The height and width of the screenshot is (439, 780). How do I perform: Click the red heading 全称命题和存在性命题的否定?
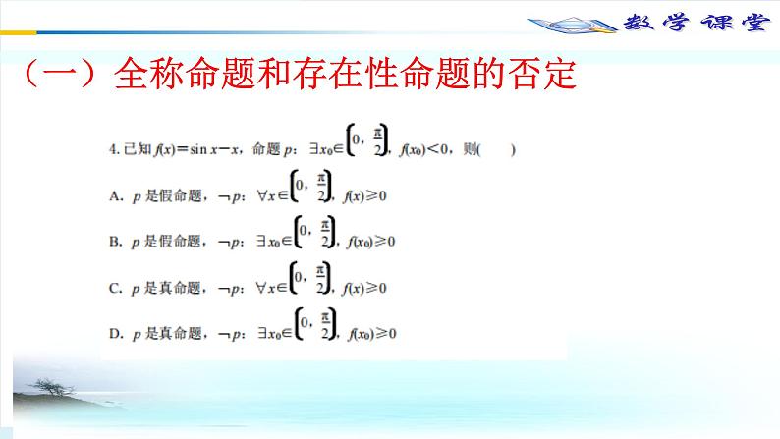click(x=344, y=74)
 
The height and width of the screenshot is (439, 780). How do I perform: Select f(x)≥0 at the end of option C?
click(x=365, y=289)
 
